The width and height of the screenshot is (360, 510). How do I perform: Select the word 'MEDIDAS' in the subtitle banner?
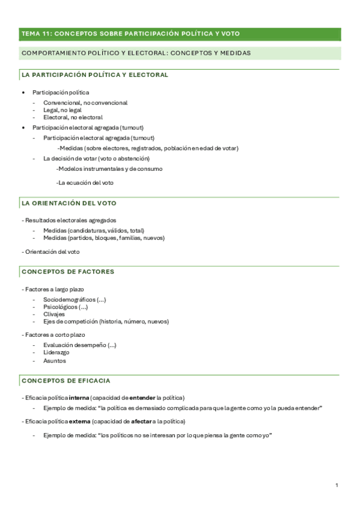tap(233, 54)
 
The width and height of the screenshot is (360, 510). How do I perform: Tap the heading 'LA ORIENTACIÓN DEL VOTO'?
tap(69, 204)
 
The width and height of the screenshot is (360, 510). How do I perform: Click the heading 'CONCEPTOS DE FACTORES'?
tap(67, 272)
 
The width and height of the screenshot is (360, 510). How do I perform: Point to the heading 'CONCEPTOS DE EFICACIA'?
tap(66, 381)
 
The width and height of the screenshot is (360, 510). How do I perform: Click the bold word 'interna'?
tap(79, 398)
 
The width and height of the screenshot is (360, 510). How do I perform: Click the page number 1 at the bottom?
tap(337, 485)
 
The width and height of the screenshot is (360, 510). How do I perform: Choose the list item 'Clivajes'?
tap(54, 314)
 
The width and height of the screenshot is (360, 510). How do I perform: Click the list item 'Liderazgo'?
tap(56, 352)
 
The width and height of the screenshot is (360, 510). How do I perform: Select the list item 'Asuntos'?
tap(55, 361)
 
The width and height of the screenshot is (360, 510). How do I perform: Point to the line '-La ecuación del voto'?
tap(85, 183)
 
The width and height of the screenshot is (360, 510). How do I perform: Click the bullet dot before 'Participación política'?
tap(23, 93)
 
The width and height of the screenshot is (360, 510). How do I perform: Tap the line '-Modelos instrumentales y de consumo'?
tap(109, 169)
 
